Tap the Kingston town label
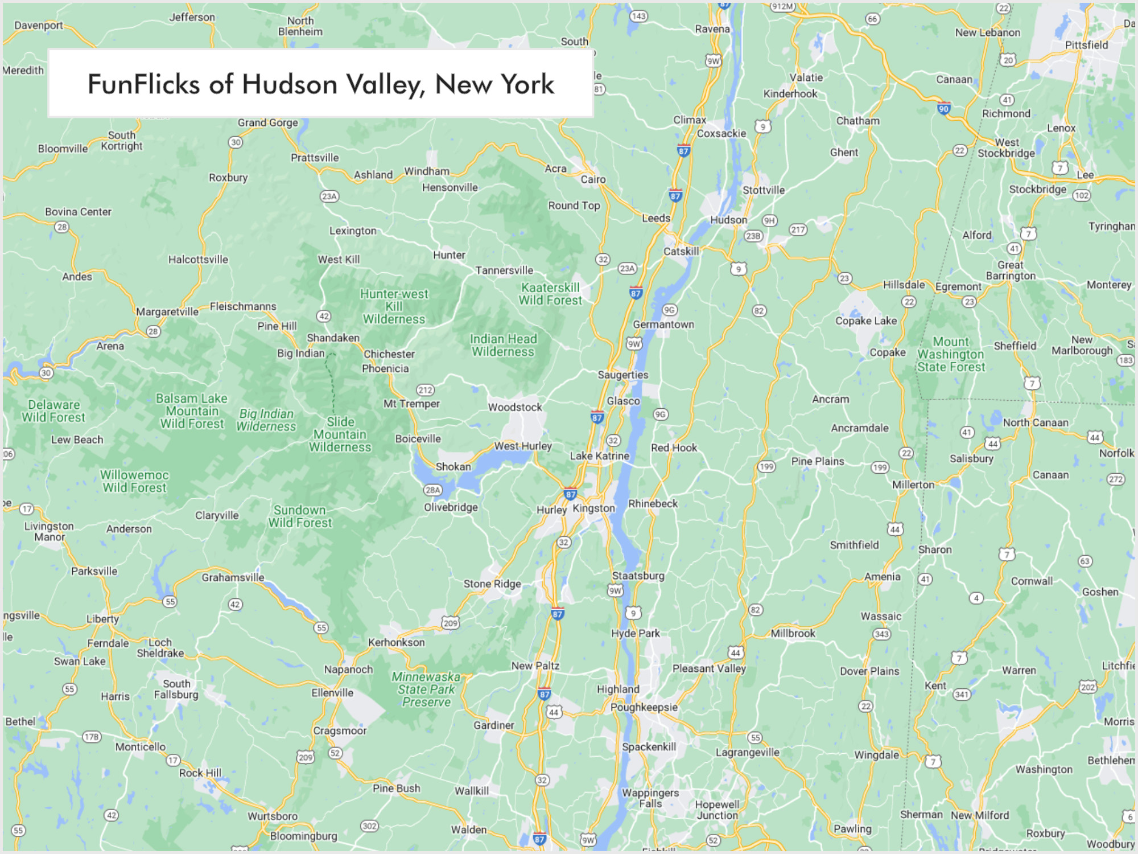coord(593,508)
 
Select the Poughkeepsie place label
coord(644,707)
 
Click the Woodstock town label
coord(514,407)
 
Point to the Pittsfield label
coord(1086,45)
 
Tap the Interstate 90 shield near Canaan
coord(943,108)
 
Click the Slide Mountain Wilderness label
coord(340,434)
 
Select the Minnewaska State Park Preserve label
coord(426,689)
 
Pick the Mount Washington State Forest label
coord(951,354)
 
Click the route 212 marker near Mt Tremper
coord(425,390)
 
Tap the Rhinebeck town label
coord(653,503)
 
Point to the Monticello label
coord(140,746)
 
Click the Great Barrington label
coord(1011,270)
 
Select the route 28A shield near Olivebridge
coord(432,490)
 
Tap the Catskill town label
coord(681,251)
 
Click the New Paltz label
coord(535,666)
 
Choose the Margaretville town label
coord(167,311)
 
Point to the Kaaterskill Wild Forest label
coord(550,294)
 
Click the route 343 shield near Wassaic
coord(881,634)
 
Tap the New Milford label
coord(979,815)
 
